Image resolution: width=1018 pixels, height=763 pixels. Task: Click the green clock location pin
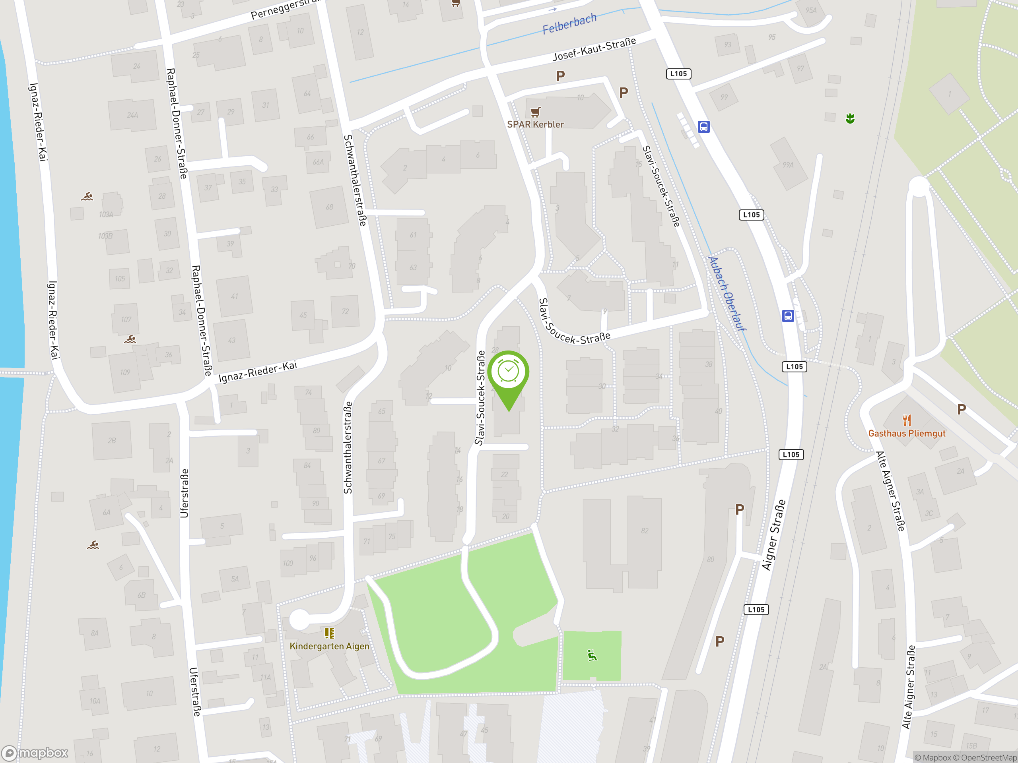(508, 372)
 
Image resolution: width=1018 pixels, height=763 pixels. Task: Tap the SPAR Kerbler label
(535, 124)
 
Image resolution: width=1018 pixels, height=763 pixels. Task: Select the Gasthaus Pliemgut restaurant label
(906, 433)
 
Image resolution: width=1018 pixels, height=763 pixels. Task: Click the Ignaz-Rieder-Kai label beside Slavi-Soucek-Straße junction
(258, 372)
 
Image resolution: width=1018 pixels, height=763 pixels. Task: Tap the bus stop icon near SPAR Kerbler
(703, 126)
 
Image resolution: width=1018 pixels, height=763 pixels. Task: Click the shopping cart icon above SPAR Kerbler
(535, 111)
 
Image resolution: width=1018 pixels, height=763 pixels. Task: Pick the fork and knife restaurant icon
(906, 419)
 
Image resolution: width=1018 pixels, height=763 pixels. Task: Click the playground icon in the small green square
(592, 655)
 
